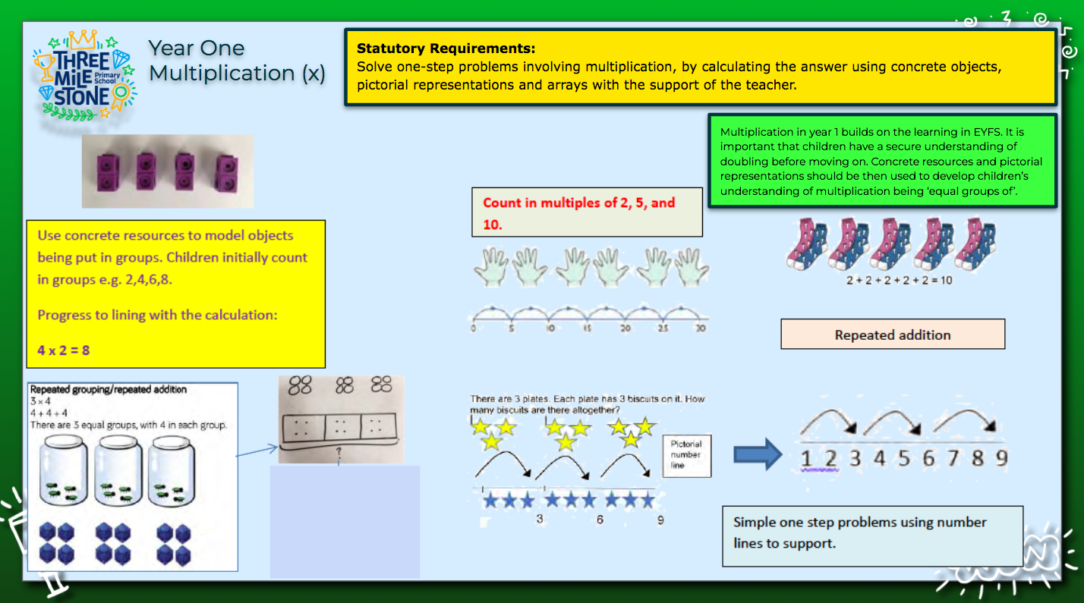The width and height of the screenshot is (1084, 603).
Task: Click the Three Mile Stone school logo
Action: pyautogui.click(x=84, y=74)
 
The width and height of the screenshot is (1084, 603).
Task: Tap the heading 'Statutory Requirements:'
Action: pyautogui.click(x=446, y=49)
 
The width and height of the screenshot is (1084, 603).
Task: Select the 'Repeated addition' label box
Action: pyautogui.click(x=892, y=334)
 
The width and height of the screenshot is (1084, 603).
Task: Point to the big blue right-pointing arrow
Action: pyautogui.click(x=757, y=454)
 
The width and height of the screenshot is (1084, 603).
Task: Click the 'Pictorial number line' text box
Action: pyautogui.click(x=686, y=454)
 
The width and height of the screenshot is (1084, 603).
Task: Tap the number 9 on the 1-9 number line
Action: pyautogui.click(x=1001, y=458)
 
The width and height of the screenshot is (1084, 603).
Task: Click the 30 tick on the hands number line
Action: pyautogui.click(x=700, y=328)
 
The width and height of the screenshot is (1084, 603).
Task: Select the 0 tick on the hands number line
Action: pyautogui.click(x=473, y=328)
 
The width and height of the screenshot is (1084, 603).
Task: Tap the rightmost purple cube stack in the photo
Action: pyautogui.click(x=225, y=172)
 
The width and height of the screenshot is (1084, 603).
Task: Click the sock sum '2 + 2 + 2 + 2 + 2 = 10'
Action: pyautogui.click(x=899, y=280)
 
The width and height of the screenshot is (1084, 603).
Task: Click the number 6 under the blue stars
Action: pyautogui.click(x=600, y=520)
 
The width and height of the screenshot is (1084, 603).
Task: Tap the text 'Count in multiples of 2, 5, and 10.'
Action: pyautogui.click(x=578, y=213)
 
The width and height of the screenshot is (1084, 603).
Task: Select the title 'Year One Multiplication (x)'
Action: pyautogui.click(x=236, y=61)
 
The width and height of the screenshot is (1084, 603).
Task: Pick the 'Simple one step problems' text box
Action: pyautogui.click(x=871, y=532)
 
